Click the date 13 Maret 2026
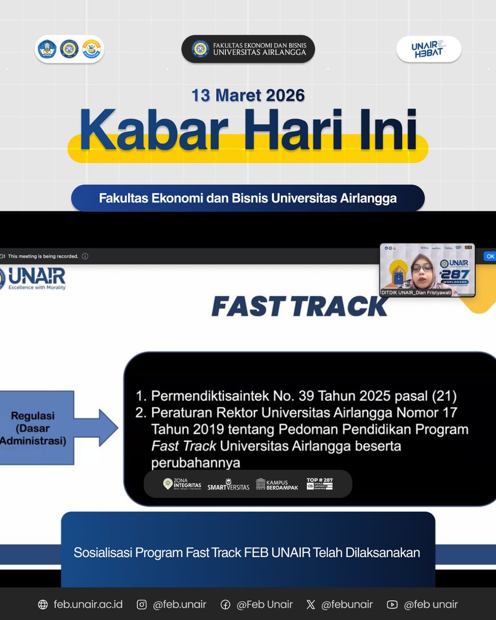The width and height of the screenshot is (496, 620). click(x=248, y=96)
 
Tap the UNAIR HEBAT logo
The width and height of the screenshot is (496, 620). click(x=428, y=50)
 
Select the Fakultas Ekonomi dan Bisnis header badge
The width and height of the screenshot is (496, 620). click(x=248, y=49)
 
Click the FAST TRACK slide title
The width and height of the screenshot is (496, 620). click(x=300, y=306)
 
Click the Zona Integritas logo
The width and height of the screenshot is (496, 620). click(x=182, y=484)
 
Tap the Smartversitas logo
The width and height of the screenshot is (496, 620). click(x=228, y=484)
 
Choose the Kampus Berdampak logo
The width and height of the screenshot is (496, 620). click(x=277, y=484)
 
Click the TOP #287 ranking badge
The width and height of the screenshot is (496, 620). click(x=320, y=484)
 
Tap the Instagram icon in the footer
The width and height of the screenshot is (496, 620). click(x=142, y=605)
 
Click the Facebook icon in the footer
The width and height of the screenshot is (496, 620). click(x=225, y=605)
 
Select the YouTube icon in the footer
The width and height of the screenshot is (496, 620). click(x=392, y=605)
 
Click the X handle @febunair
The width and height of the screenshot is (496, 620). click(x=346, y=605)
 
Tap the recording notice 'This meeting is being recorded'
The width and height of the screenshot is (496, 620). click(x=43, y=256)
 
